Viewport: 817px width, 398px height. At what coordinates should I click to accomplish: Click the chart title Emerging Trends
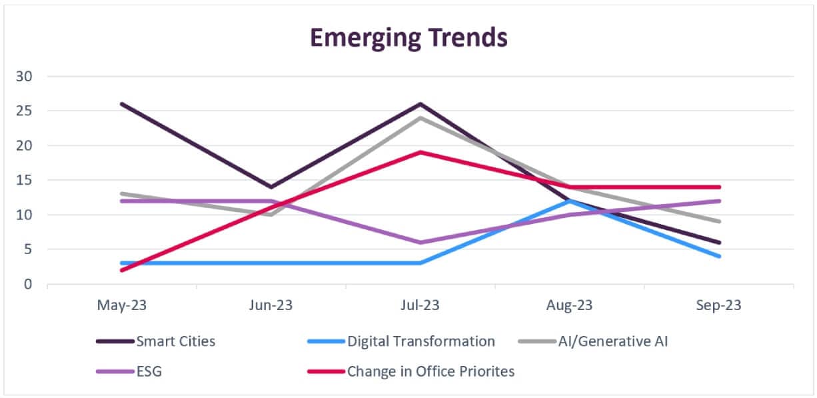click(x=408, y=38)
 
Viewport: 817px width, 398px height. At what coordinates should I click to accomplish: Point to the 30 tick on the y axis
click(x=24, y=76)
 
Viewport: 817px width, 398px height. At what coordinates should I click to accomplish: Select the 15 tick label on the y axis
click(x=24, y=180)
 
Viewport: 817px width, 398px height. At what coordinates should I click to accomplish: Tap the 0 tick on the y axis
click(x=27, y=284)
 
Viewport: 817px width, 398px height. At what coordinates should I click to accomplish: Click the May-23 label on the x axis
click(x=121, y=305)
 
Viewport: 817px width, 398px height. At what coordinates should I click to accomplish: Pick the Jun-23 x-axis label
click(x=271, y=305)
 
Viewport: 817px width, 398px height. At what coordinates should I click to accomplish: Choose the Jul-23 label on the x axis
click(x=420, y=305)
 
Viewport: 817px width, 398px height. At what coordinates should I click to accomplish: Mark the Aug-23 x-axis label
click(x=570, y=305)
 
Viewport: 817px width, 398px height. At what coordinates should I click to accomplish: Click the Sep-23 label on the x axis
click(x=719, y=305)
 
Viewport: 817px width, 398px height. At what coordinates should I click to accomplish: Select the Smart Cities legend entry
click(x=175, y=341)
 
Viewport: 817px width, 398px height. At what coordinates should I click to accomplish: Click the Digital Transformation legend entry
click(x=420, y=341)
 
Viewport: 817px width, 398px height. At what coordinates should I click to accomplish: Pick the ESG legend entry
click(x=149, y=371)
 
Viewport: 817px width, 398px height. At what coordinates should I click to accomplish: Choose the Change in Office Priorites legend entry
click(x=430, y=371)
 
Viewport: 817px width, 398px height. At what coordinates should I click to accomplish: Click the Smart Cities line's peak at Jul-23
click(x=420, y=104)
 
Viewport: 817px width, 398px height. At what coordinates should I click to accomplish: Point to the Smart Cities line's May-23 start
click(x=121, y=104)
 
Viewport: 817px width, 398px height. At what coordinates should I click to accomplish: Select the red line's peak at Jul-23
click(x=420, y=152)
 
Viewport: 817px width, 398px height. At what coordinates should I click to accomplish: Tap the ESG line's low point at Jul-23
click(x=420, y=243)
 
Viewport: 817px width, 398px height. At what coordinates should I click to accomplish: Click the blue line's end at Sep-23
click(x=719, y=256)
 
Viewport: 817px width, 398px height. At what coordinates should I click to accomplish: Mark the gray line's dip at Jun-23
click(x=271, y=215)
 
